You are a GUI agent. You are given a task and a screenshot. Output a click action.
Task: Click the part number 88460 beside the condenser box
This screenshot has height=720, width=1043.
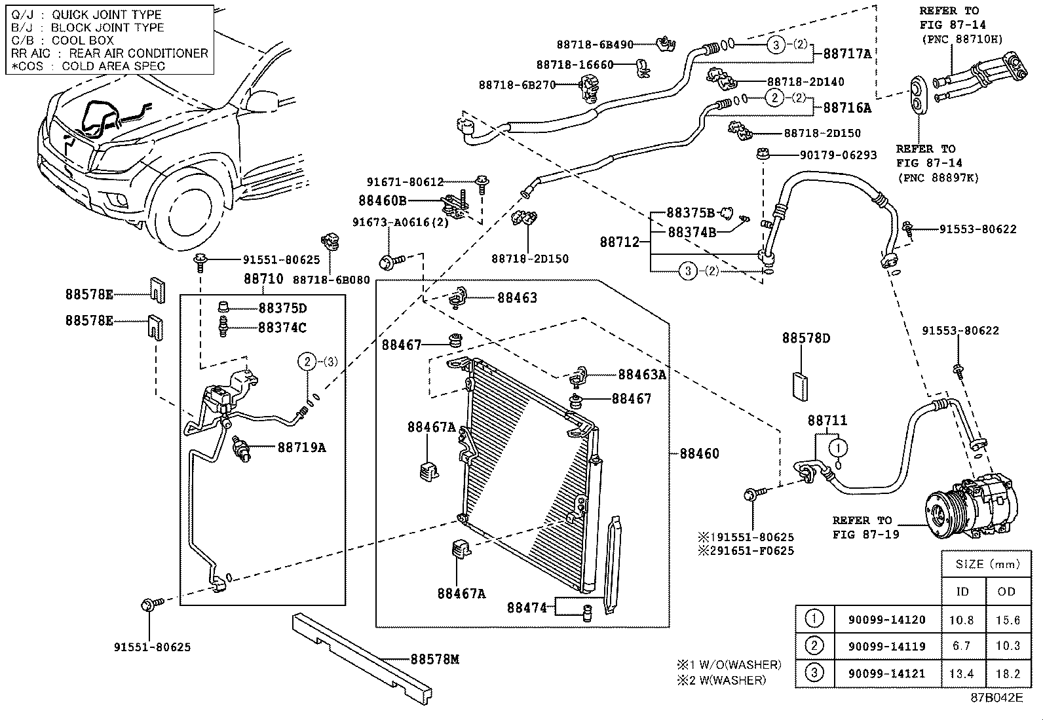699,453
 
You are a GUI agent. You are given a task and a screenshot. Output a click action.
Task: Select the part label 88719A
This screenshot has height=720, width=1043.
301,447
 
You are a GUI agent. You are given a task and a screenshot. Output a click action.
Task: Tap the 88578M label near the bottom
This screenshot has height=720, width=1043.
434,659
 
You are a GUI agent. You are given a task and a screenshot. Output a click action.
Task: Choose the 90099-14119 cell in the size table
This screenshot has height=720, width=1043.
886,646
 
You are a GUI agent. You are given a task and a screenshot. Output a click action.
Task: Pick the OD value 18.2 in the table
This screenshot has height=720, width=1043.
1007,673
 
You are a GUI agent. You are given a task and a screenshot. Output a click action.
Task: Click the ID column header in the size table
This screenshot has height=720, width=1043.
962,592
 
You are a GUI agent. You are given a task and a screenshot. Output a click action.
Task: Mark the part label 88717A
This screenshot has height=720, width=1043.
847,54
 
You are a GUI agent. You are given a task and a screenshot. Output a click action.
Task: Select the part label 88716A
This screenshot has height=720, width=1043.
847,108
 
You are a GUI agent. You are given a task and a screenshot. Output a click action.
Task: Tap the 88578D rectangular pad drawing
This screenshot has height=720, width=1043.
801,387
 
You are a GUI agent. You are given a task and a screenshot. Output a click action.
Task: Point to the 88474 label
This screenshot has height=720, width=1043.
526,607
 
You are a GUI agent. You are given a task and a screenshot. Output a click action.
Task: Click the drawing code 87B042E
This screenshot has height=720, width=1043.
996,697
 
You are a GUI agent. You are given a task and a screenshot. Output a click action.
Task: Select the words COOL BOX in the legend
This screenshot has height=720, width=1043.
83,40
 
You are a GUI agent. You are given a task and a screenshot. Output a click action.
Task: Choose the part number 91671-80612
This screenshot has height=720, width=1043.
405,182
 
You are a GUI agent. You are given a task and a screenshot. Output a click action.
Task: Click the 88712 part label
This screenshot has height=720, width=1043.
619,242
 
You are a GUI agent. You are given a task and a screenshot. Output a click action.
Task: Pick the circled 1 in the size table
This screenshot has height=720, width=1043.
814,618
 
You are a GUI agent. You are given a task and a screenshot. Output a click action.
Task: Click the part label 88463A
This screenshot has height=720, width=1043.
642,374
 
